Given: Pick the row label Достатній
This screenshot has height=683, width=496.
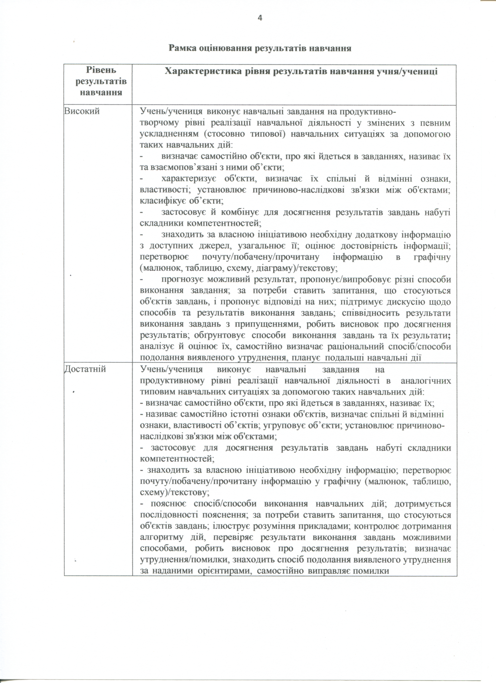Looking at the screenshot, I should click(x=85, y=369).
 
